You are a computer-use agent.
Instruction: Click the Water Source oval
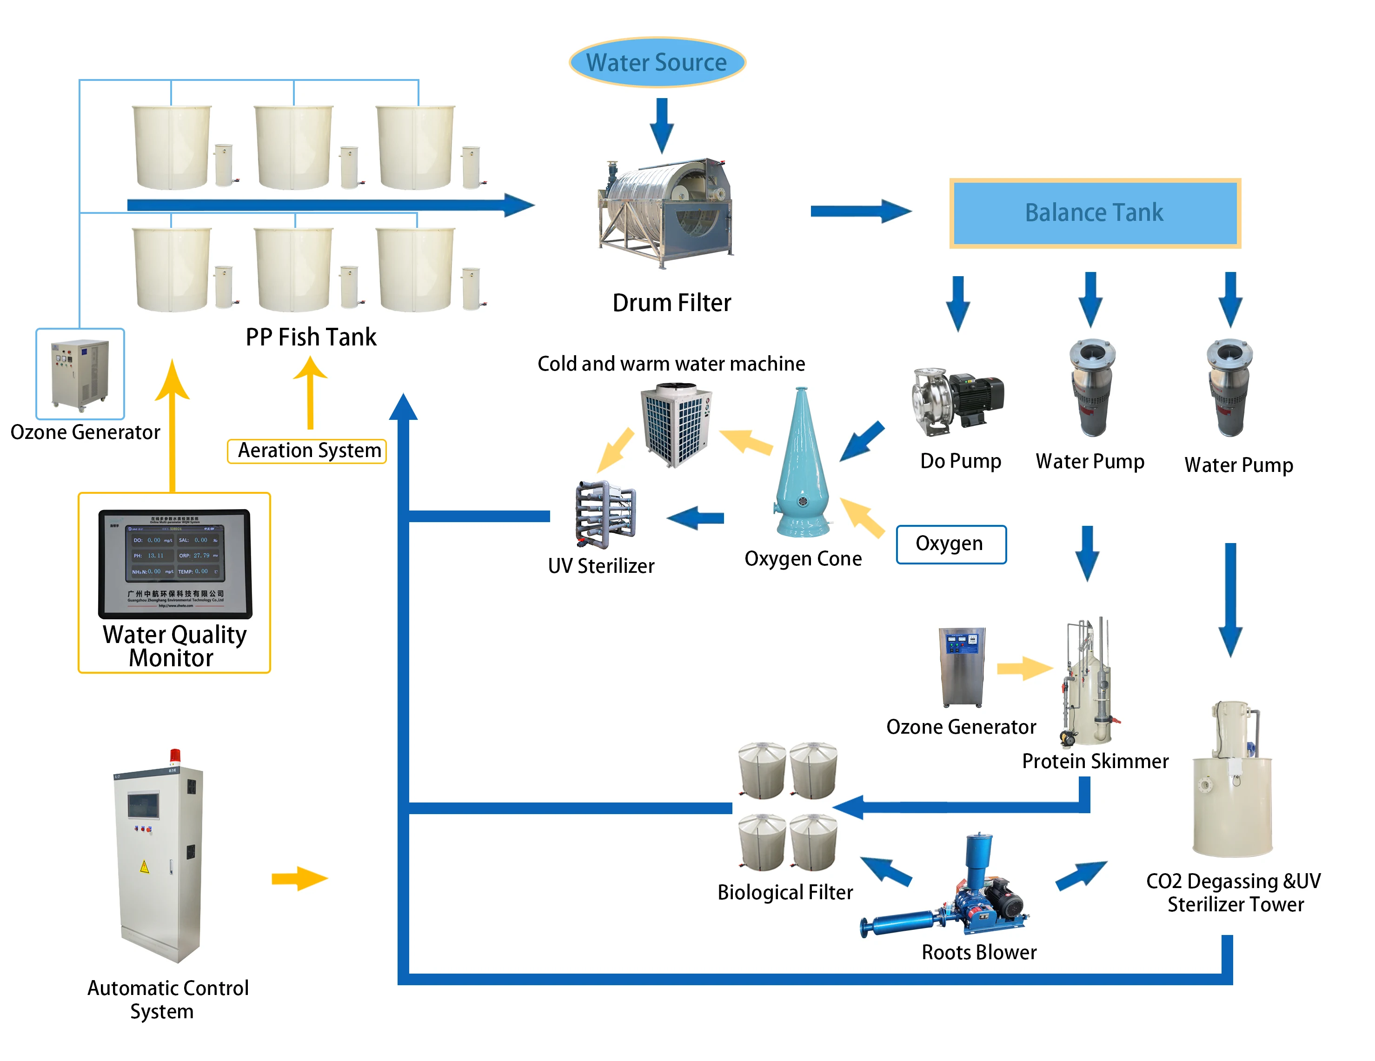coord(657,62)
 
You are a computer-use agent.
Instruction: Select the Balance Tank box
coord(1094,213)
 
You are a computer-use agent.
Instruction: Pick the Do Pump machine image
coord(957,400)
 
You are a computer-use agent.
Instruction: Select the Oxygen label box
coord(950,544)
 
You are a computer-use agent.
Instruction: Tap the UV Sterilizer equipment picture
coord(605,514)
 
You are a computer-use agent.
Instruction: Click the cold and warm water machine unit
coord(676,425)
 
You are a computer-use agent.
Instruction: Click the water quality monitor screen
coord(175,562)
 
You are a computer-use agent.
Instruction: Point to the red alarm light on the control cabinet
coord(175,756)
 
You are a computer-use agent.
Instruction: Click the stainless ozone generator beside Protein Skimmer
coord(961,668)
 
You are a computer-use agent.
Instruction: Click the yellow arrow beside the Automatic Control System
coord(299,878)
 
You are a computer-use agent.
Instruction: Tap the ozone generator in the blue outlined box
coord(80,374)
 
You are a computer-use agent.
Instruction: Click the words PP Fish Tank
coord(311,337)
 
